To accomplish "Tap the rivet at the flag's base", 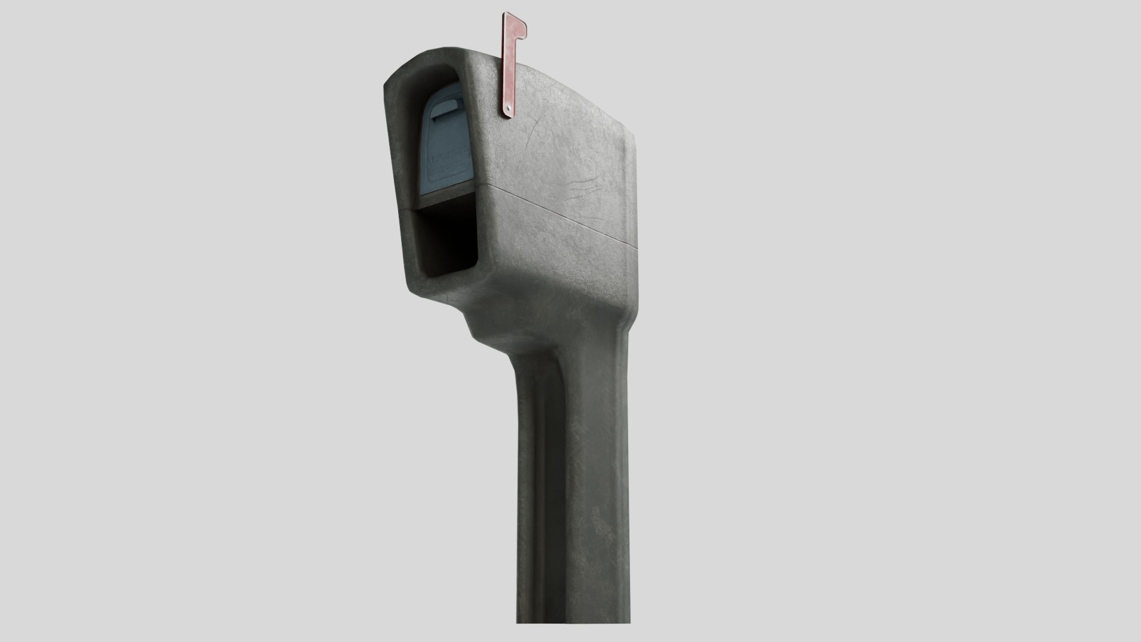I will tap(509, 107).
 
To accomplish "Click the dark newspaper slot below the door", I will tap(446, 241).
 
